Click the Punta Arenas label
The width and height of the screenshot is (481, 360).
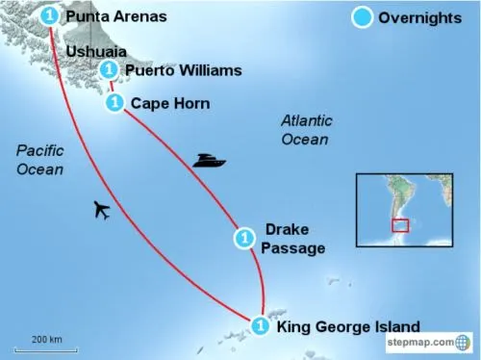pos(115,16)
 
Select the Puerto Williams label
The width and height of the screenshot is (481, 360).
pos(183,70)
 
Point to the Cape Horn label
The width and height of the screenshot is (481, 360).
pos(171,102)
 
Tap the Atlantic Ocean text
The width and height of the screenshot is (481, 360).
pos(306,130)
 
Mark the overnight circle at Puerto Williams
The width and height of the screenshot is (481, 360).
pos(109,69)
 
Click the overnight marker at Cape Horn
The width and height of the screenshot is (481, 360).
pos(114,102)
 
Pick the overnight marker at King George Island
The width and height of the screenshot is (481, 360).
pos(260,326)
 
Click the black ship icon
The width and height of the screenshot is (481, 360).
pos(209,159)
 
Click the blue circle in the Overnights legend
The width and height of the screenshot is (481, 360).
pos(363,18)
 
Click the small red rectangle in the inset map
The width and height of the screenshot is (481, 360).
pos(399,225)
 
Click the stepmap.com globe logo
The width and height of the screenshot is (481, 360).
pos(463,342)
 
